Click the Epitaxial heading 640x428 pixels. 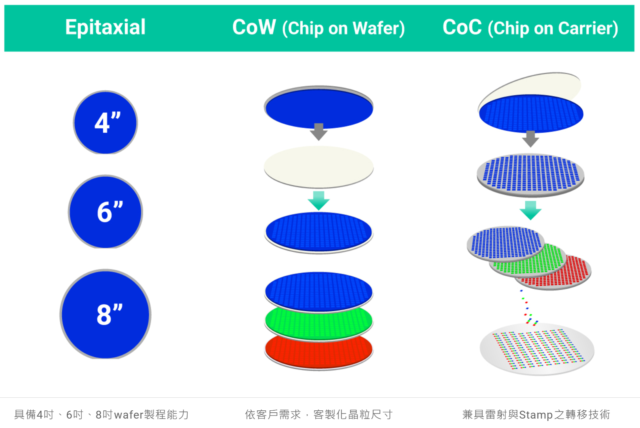(x=105, y=27)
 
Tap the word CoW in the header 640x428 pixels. (x=254, y=27)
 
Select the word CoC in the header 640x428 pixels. (x=462, y=27)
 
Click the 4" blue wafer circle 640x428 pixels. (x=105, y=123)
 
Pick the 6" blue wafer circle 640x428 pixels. (x=105, y=212)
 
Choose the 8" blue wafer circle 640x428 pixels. (x=105, y=314)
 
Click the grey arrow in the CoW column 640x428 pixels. (x=319, y=132)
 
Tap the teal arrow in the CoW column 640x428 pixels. (x=319, y=201)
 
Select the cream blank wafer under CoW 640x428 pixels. (x=319, y=167)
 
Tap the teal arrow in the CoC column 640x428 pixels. (x=530, y=210)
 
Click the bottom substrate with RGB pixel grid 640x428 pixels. (x=537, y=349)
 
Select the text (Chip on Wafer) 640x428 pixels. (x=343, y=28)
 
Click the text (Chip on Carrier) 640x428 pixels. (x=553, y=28)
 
